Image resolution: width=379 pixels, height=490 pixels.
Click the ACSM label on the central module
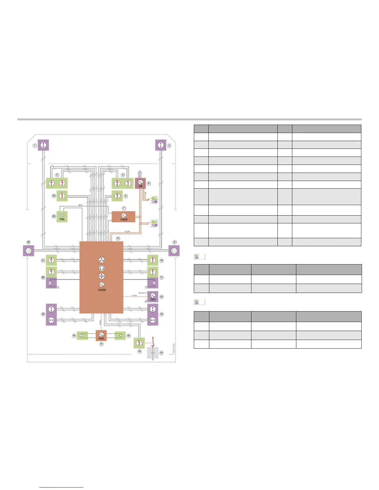(102, 290)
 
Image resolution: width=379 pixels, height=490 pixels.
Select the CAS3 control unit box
(124, 217)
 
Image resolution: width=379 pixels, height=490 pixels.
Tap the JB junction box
(141, 183)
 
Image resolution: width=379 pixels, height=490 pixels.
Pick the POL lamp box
(62, 217)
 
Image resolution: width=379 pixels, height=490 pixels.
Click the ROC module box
(101, 336)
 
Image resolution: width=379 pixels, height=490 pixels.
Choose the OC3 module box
(153, 297)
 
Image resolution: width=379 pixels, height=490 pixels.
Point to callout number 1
(35, 145)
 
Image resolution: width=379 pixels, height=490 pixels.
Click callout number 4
(169, 145)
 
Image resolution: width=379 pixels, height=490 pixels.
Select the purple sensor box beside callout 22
(28, 251)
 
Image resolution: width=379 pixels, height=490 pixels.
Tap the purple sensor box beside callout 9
(174, 251)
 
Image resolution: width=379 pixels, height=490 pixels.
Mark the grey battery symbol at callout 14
(153, 353)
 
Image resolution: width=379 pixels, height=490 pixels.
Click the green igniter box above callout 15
(139, 343)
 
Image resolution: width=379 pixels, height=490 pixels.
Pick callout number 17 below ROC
(101, 344)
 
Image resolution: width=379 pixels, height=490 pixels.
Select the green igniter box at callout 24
(62, 196)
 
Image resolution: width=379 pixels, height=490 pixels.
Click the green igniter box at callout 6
(117, 196)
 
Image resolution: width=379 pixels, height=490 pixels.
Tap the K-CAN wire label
(127, 231)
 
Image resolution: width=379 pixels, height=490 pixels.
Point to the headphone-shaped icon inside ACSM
(102, 268)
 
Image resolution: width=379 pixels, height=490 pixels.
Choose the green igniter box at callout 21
(51, 260)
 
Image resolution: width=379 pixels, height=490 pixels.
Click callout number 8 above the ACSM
(118, 238)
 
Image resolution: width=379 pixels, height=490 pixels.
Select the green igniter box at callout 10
(153, 260)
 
